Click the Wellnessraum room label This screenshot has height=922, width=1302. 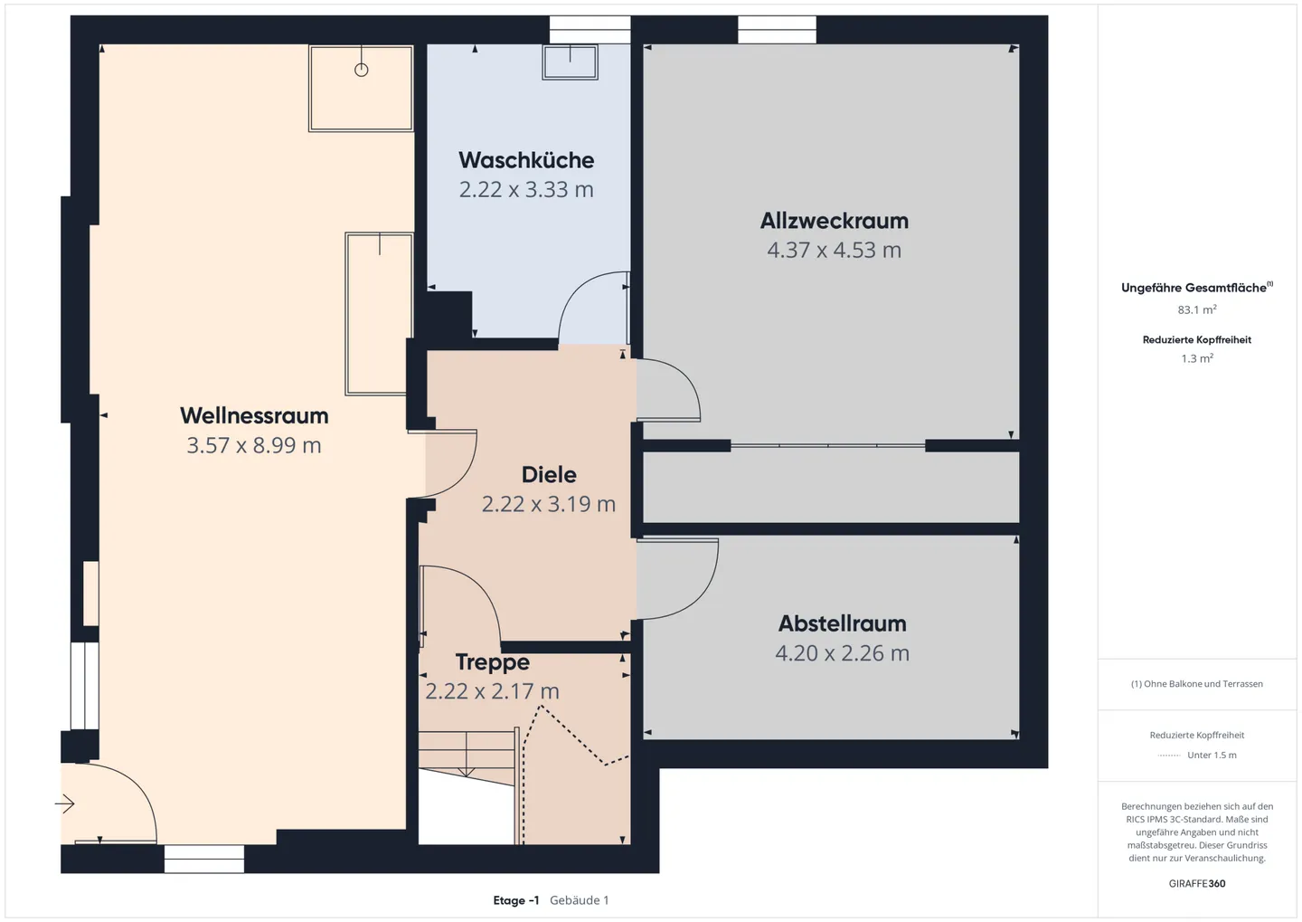pos(254,415)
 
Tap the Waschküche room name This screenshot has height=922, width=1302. pos(526,160)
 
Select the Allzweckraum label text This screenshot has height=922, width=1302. pos(834,221)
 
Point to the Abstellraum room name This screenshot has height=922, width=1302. pos(842,623)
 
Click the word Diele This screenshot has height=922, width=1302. pos(549,474)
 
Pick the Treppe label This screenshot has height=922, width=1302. pos(492,662)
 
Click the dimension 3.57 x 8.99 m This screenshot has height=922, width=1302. pos(254,445)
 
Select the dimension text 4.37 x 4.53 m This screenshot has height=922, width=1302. pos(834,251)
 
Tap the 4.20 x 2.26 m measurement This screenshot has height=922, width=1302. pos(842,653)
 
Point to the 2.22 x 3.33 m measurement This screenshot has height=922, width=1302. pos(526,190)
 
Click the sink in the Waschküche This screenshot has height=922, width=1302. pos(570,62)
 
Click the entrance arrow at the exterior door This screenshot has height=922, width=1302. pos(65,803)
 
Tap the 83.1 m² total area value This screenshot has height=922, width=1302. pos(1196,309)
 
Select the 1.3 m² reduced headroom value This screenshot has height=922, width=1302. pos(1196,358)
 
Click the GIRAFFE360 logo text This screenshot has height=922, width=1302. pos(1196,883)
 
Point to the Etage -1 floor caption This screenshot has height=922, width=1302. pos(516,900)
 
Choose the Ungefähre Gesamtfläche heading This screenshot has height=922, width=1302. pos(1194,288)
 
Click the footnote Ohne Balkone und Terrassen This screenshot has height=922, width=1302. pos(1196,684)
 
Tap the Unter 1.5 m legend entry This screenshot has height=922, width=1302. pos(1211,756)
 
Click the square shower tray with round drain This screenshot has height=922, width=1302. pos(361,88)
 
